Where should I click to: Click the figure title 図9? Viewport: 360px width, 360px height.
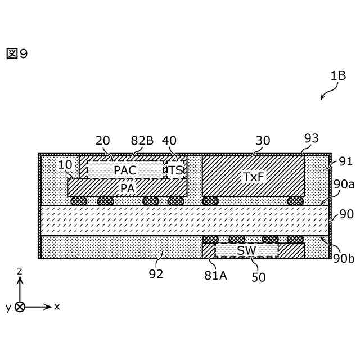tap(17, 53)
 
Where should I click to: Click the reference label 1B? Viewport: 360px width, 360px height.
tap(338, 75)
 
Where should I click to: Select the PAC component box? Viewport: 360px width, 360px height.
tap(125, 169)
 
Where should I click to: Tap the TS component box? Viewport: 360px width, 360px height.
tap(176, 169)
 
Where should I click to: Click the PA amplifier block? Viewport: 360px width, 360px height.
tap(127, 188)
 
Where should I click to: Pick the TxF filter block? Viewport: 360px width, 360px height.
tap(253, 176)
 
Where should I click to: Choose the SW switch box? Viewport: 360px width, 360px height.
tap(246, 250)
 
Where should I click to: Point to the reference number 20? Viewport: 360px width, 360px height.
tap(103, 141)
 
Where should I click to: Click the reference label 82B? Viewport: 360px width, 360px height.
tap(141, 141)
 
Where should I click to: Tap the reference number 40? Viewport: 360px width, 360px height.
tap(169, 141)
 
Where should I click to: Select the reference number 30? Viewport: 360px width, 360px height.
tap(263, 141)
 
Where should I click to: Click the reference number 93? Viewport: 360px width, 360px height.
tap(311, 138)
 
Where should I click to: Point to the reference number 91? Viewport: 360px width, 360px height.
tap(345, 161)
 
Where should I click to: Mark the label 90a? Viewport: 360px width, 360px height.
tap(344, 184)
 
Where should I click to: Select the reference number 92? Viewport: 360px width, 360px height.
tap(156, 274)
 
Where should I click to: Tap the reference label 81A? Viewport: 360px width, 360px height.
tap(216, 275)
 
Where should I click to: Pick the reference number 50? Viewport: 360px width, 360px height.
tap(259, 277)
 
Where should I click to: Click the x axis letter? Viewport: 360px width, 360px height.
tap(57, 307)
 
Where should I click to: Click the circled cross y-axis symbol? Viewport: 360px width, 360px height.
tap(20, 307)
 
